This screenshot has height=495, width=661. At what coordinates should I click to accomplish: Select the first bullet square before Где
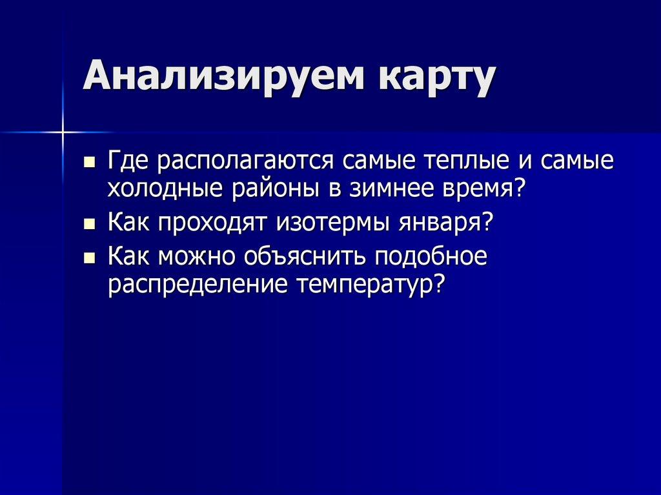click(x=90, y=161)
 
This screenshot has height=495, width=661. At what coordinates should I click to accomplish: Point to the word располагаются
click(x=243, y=161)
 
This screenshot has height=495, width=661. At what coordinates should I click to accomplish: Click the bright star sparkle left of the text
click(x=64, y=132)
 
